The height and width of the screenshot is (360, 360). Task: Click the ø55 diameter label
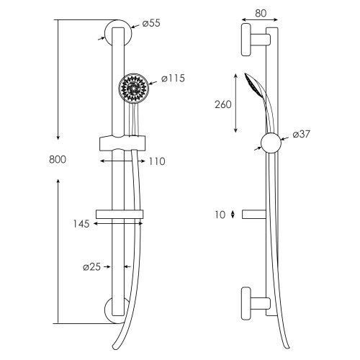pyautogui.click(x=151, y=24)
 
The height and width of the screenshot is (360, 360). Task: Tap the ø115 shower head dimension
pyautogui.click(x=173, y=78)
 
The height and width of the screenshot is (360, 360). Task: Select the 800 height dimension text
pyautogui.click(x=58, y=160)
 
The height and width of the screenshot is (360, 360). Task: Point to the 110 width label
pyautogui.click(x=157, y=161)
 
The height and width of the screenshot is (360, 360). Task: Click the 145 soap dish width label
pyautogui.click(x=81, y=224)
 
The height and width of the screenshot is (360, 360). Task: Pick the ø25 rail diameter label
pyautogui.click(x=91, y=267)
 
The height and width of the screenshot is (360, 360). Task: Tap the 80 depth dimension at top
pyautogui.click(x=261, y=14)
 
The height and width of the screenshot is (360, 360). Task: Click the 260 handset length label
pyautogui.click(x=223, y=104)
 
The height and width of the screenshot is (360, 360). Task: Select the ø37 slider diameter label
pyautogui.click(x=301, y=134)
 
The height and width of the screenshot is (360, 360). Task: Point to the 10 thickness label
pyautogui.click(x=220, y=215)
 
